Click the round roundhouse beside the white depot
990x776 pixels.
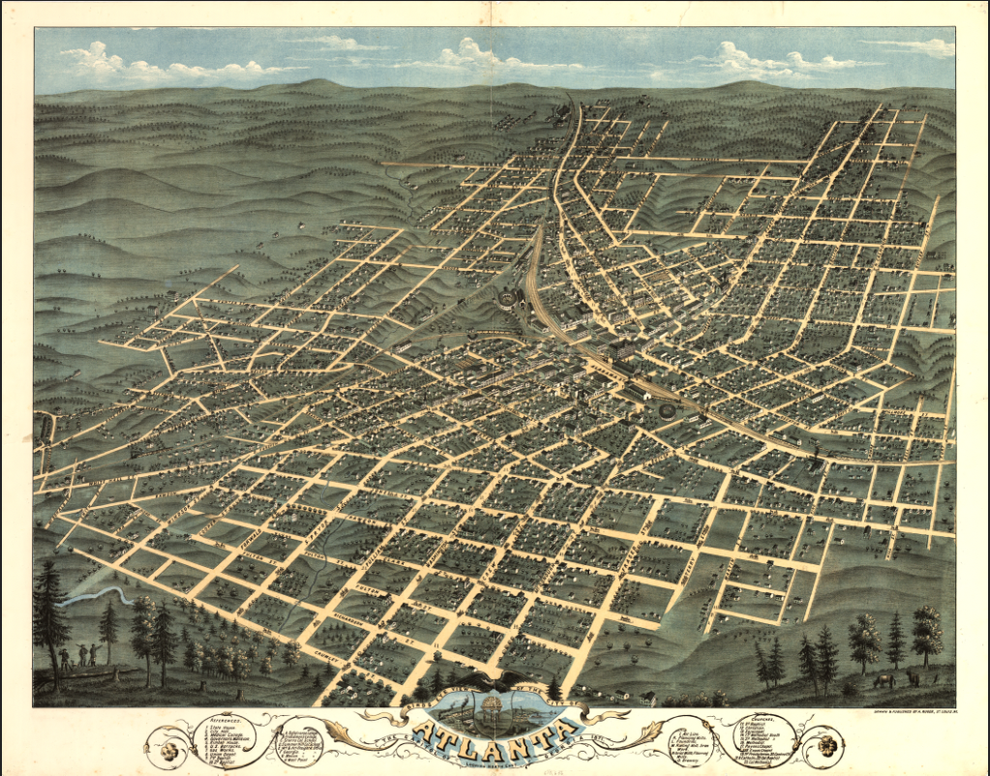point(668,410)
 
